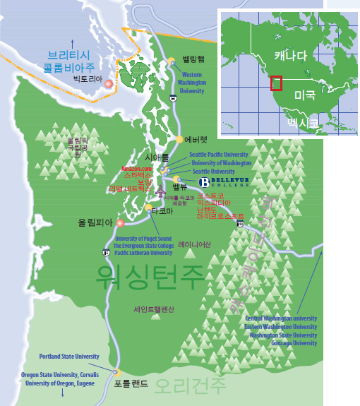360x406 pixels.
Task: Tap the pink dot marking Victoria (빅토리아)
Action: tap(108, 83)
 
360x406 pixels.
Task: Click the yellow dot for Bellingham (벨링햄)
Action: tap(172, 61)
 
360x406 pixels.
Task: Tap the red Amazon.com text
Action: tap(136, 169)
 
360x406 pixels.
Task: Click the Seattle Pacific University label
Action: tap(220, 155)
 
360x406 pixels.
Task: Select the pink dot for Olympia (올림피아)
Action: tap(120, 222)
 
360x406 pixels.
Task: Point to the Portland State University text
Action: tap(68, 357)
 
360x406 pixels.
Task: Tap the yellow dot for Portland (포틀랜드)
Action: tap(117, 373)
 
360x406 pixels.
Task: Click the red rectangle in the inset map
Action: tap(277, 83)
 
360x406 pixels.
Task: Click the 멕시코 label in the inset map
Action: tap(303, 124)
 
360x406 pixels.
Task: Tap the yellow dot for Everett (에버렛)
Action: tap(179, 139)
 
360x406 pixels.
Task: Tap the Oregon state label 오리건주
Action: tap(190, 386)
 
